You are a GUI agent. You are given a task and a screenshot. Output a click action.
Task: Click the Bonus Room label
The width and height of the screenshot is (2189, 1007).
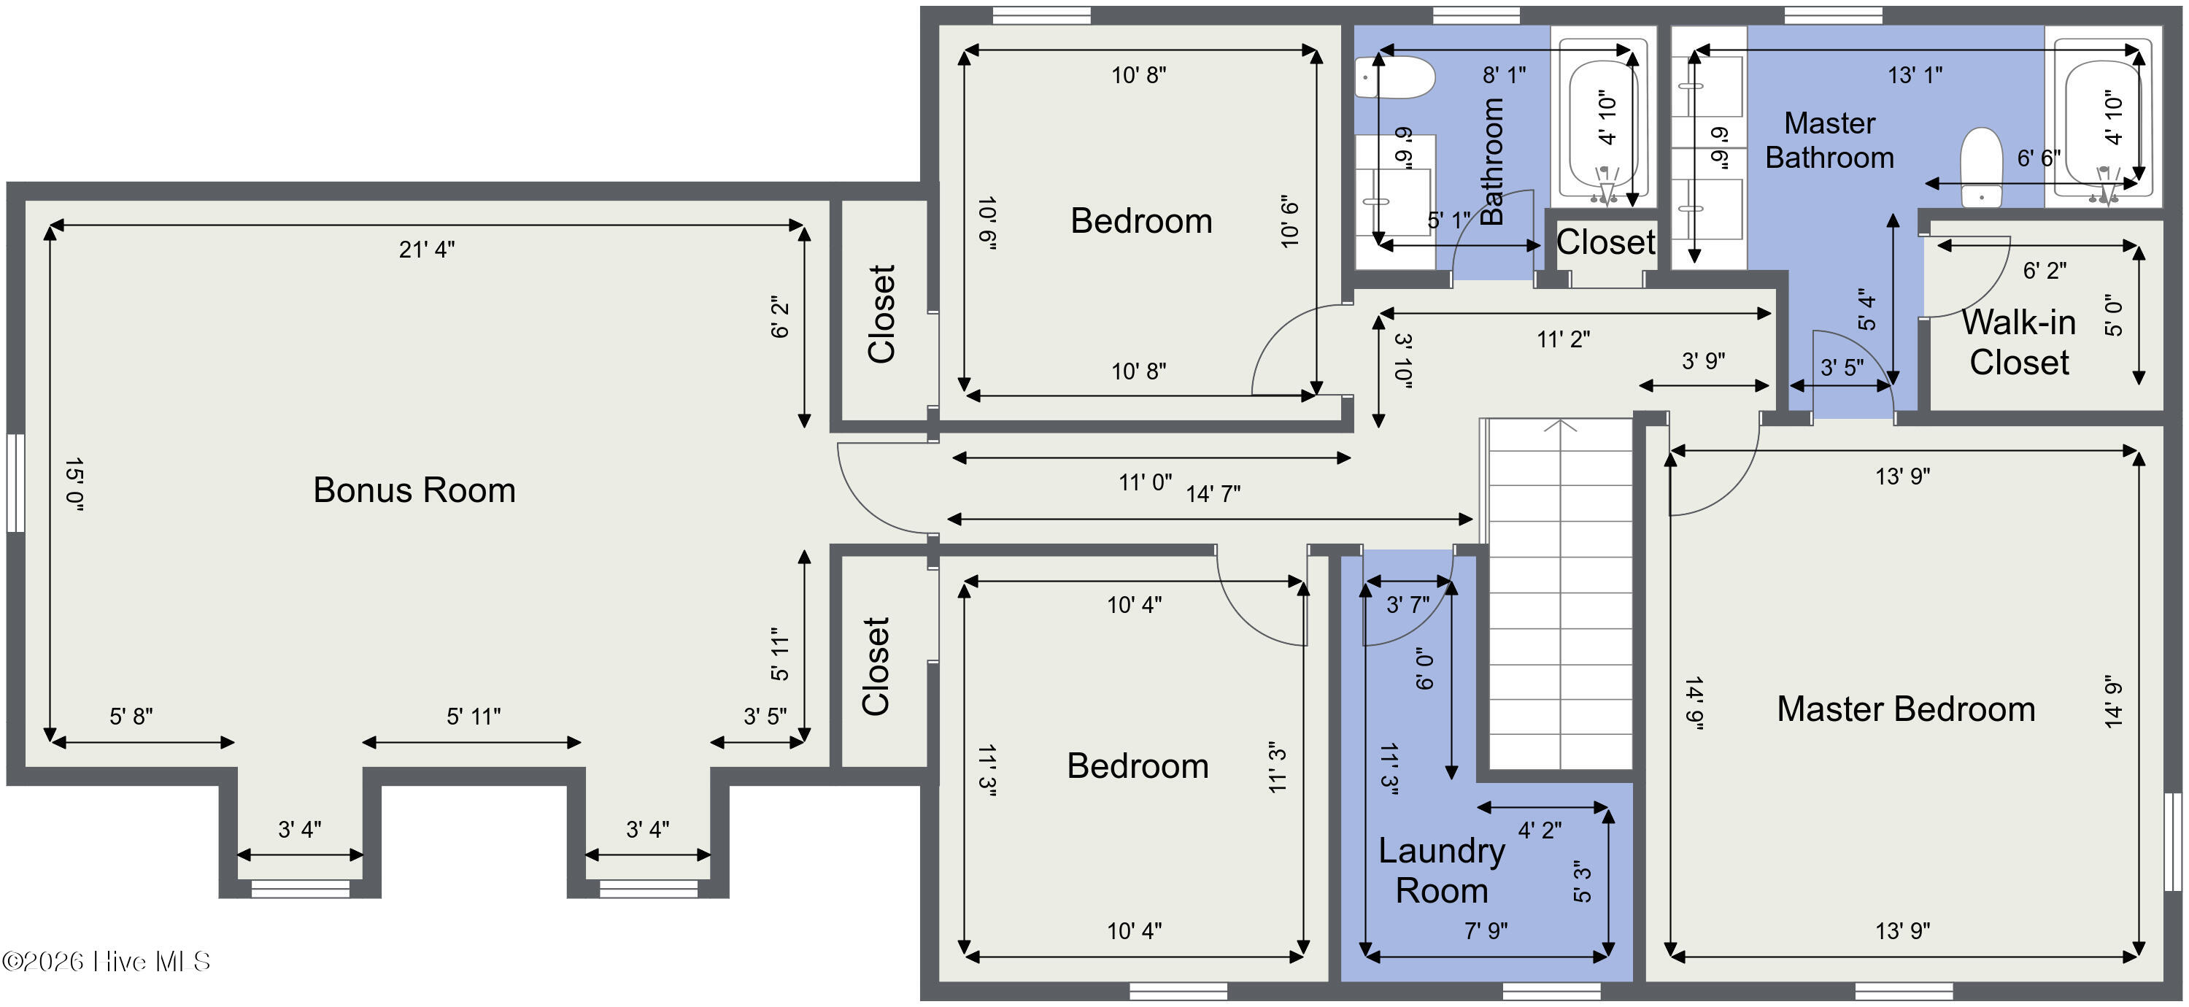tap(414, 490)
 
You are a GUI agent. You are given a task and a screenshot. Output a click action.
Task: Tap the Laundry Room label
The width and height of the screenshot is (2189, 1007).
tap(1441, 871)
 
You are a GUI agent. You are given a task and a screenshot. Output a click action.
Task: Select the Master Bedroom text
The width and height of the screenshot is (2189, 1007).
tap(1905, 709)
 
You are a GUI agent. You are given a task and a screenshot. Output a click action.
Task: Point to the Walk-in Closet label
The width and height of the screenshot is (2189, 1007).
tap(2018, 342)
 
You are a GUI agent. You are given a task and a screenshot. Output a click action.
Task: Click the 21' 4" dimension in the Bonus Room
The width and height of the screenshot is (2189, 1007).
tap(427, 249)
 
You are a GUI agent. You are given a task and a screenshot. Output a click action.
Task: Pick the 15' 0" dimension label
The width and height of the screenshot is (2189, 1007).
tap(74, 485)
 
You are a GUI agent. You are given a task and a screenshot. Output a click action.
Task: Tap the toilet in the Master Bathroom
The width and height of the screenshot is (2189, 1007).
tap(1981, 167)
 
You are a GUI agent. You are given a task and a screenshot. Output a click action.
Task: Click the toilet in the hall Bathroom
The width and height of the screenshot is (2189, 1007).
tap(1394, 77)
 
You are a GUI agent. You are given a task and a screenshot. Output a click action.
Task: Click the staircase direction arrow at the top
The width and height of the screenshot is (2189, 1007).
tap(1560, 425)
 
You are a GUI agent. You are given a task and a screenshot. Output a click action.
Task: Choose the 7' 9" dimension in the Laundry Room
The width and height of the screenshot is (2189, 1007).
tap(1486, 930)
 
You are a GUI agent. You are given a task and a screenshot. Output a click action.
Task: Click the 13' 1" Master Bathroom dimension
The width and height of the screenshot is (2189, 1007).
tap(1915, 74)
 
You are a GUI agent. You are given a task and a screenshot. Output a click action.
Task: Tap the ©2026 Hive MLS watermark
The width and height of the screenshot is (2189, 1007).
tap(107, 961)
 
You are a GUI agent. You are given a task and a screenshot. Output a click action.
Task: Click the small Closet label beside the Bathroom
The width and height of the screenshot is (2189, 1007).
tap(1605, 242)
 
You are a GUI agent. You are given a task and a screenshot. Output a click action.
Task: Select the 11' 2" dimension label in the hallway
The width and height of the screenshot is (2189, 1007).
tap(1563, 339)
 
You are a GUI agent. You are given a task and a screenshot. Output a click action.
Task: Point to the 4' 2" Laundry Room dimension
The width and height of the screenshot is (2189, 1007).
tap(1539, 830)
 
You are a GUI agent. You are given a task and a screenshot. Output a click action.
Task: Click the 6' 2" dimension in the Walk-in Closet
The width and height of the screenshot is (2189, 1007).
tap(2044, 270)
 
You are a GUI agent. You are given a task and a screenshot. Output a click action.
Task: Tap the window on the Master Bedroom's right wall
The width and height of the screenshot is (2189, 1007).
tap(2172, 841)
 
